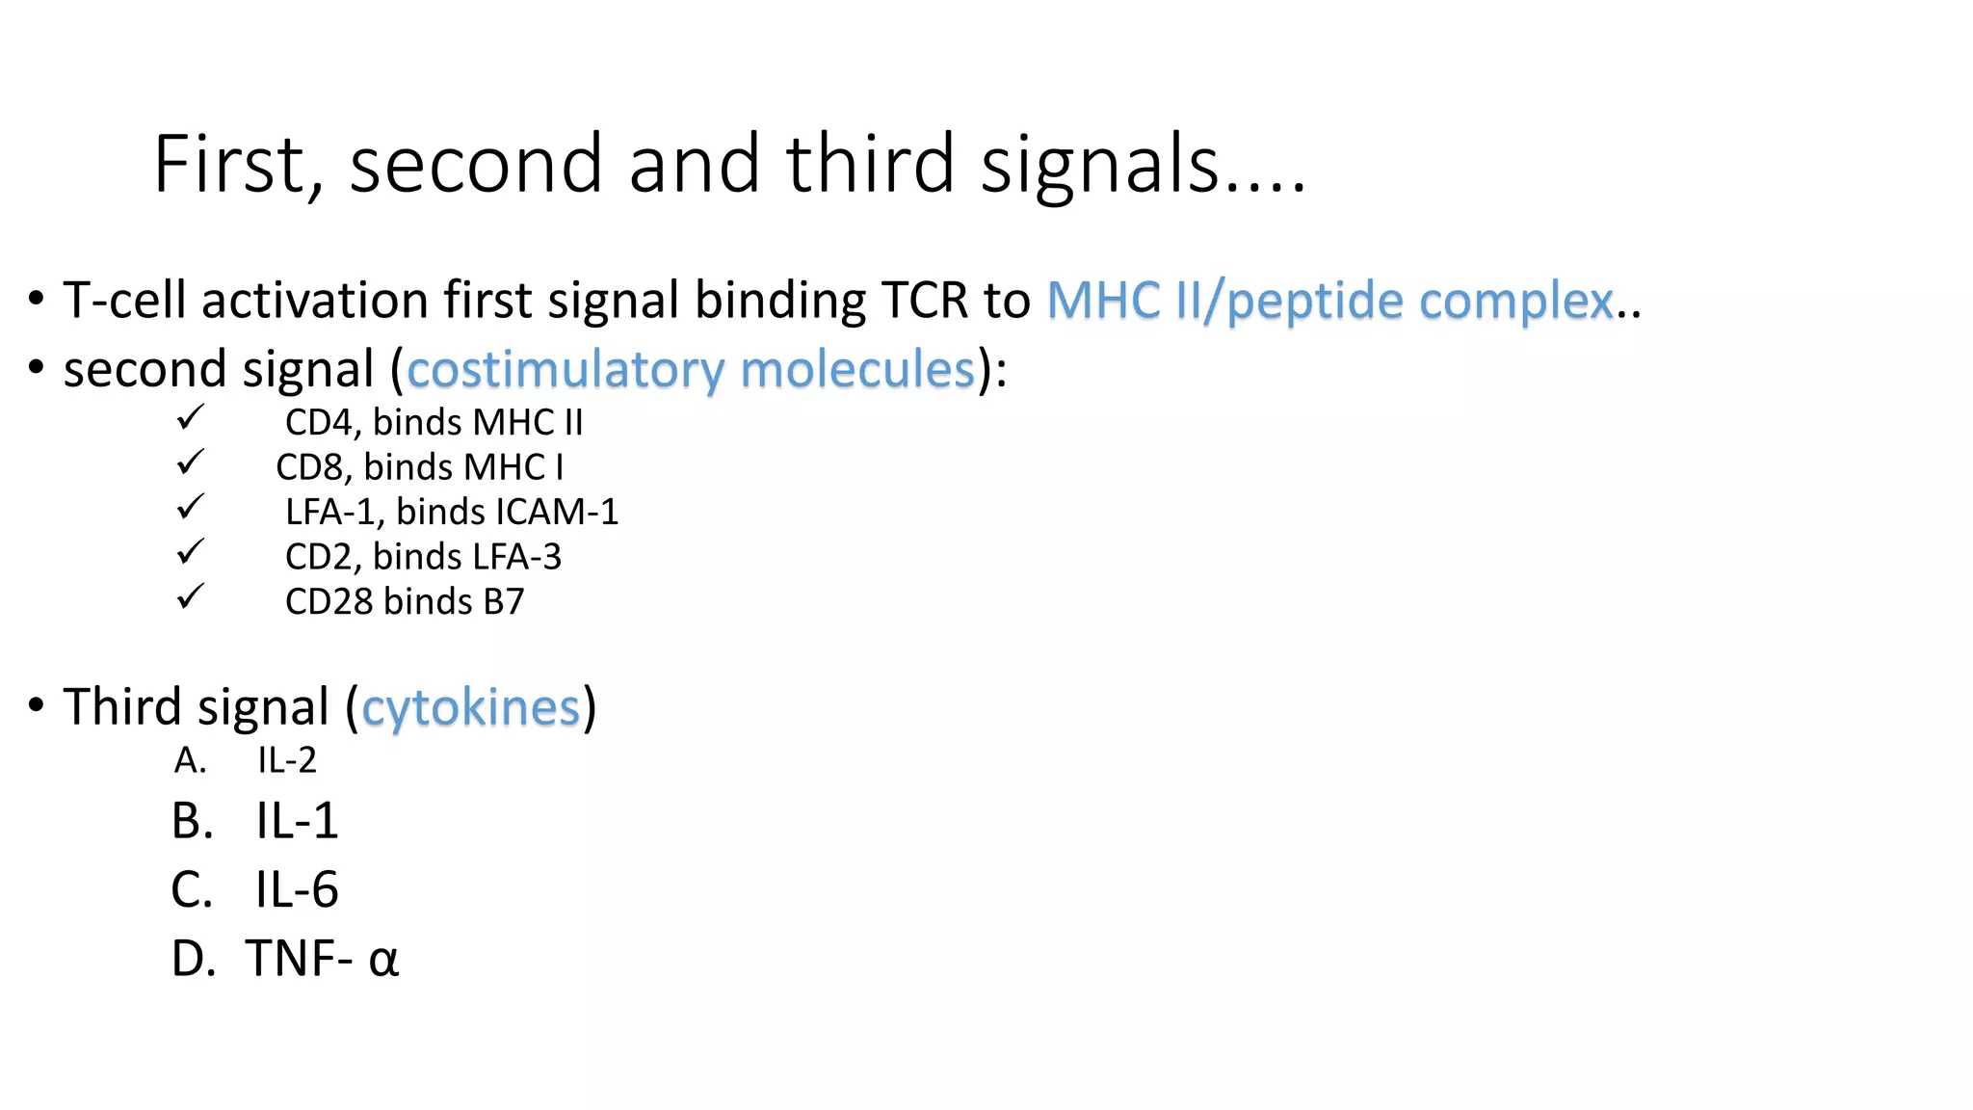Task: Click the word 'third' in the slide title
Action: [870, 164]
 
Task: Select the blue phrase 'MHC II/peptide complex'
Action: [1330, 301]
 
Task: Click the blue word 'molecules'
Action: [857, 370]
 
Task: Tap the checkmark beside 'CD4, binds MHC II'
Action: [190, 418]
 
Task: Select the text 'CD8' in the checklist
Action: [309, 467]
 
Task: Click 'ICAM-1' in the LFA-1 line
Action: [557, 512]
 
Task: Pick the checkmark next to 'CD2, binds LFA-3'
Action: [190, 552]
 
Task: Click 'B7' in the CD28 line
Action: [503, 601]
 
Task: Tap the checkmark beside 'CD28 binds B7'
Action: [190, 597]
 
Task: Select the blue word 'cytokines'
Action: [470, 708]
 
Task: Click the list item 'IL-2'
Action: [286, 761]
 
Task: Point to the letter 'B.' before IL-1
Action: [192, 822]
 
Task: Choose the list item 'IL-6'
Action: [296, 890]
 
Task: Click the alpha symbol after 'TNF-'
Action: [382, 961]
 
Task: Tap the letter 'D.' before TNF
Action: [193, 960]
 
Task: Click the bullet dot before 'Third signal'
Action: [36, 705]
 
